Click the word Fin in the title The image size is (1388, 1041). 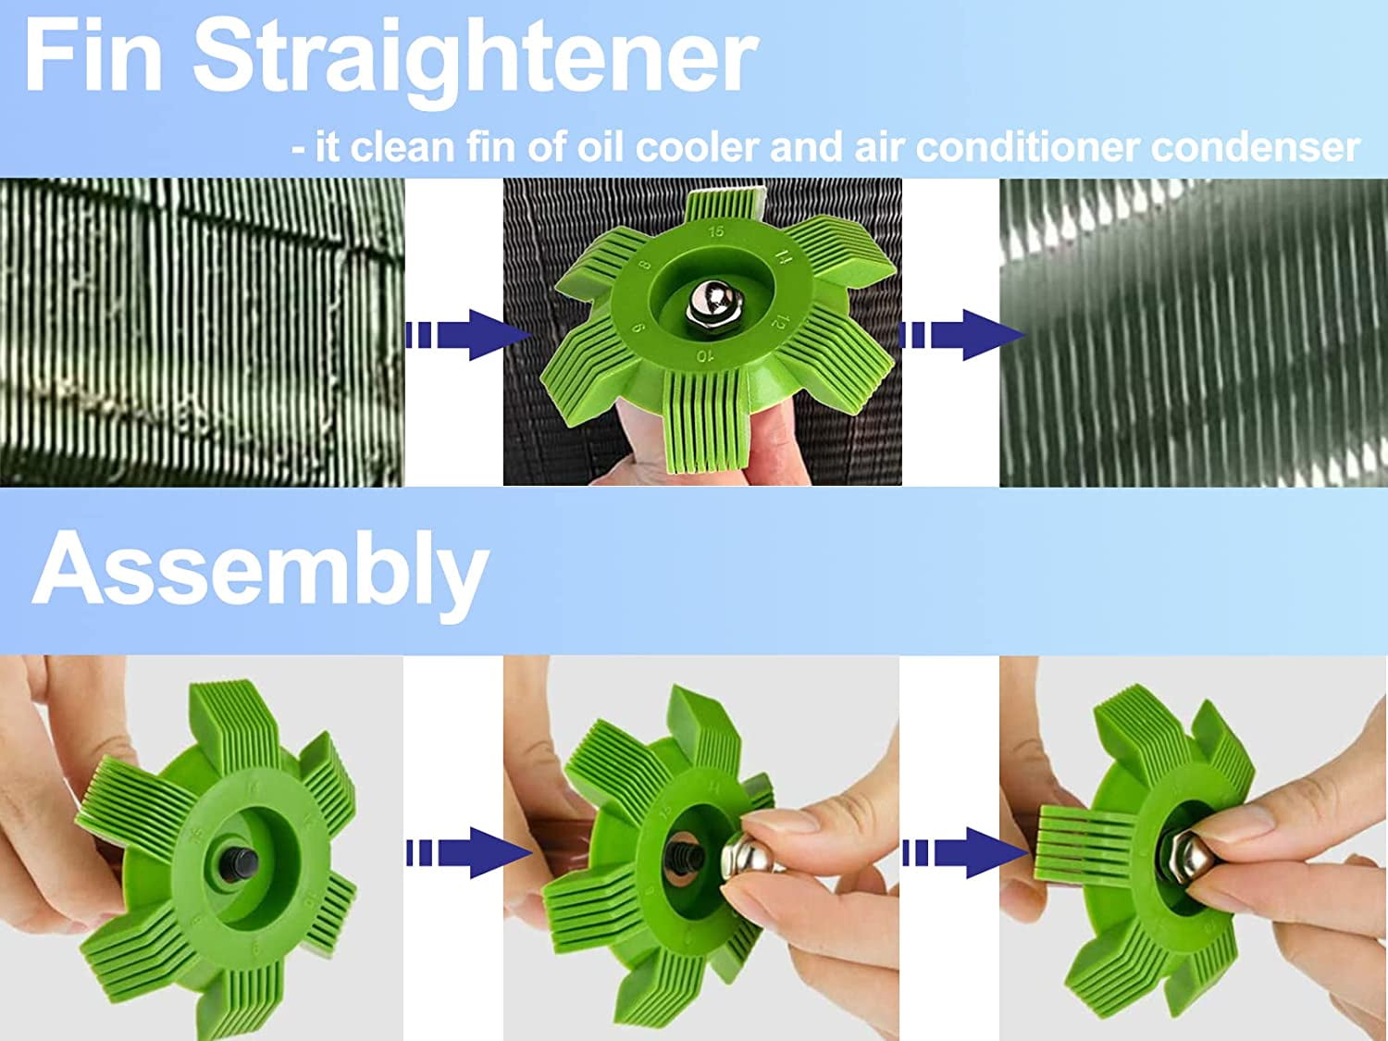click(x=93, y=57)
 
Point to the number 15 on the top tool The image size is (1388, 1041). click(x=715, y=231)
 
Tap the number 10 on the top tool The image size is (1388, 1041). click(x=705, y=355)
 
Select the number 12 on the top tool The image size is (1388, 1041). click(x=779, y=324)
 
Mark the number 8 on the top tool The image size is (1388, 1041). click(x=645, y=265)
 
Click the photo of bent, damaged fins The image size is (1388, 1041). click(x=202, y=332)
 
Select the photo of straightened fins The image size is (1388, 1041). click(x=1193, y=332)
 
